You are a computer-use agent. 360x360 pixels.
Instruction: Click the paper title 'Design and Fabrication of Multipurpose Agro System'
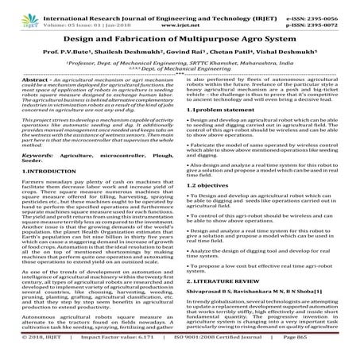[x=180, y=39]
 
